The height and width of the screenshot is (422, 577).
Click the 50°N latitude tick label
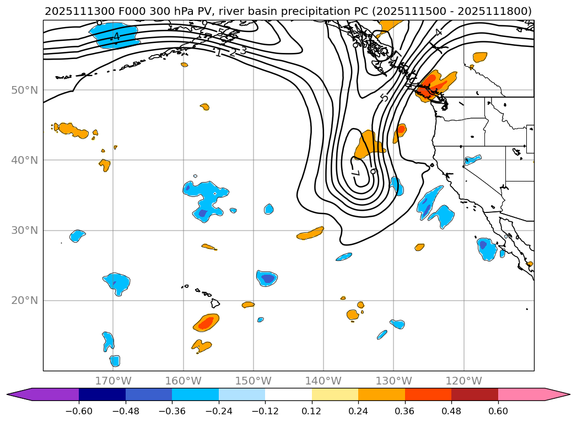click(x=24, y=90)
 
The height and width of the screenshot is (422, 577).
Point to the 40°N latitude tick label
click(x=24, y=160)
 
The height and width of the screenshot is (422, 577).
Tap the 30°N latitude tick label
click(x=24, y=230)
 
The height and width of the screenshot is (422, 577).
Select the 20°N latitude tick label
click(x=24, y=301)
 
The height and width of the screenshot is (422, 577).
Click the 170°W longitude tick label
click(x=113, y=381)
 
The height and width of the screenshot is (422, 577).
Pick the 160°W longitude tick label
click(x=183, y=381)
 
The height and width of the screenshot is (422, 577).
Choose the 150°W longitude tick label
click(x=253, y=381)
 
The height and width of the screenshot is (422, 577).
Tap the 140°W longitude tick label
click(x=323, y=381)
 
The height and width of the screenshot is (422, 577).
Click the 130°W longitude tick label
click(x=393, y=381)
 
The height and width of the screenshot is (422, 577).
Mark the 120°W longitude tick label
click(x=463, y=381)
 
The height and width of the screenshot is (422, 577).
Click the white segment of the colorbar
click(x=288, y=394)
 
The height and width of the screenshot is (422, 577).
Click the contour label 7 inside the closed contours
click(x=355, y=173)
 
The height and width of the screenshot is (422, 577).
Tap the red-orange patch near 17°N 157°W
click(x=206, y=323)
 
